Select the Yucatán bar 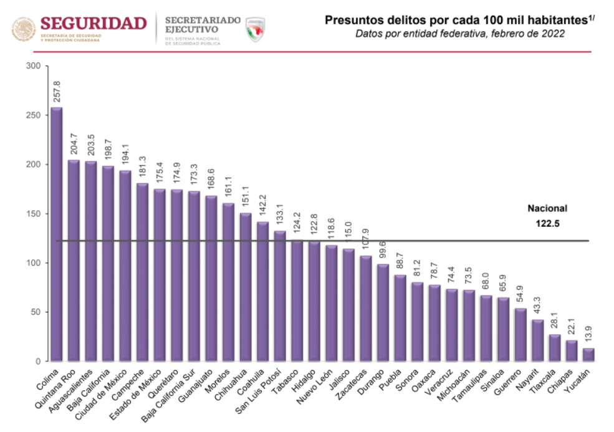tap(588, 354)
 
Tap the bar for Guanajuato tap(211, 278)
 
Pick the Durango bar tap(382, 312)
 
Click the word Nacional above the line tap(547, 209)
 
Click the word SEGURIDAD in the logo tap(94, 24)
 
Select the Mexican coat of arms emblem tap(24, 29)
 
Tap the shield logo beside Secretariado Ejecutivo tap(256, 29)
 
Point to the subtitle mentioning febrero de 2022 tap(460, 34)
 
